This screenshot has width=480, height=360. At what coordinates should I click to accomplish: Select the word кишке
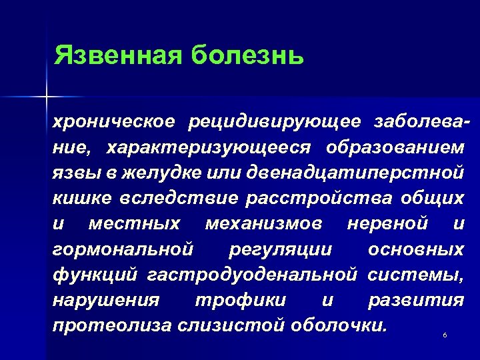click(81, 197)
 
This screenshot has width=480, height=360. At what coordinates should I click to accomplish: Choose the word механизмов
click(263, 223)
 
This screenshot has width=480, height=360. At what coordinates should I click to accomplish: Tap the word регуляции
click(279, 249)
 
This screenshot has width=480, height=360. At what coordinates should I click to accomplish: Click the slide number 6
click(444, 335)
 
